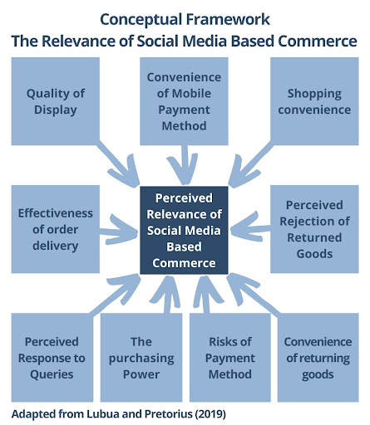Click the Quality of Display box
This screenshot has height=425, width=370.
tap(56, 101)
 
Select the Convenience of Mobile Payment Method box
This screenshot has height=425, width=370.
tap(184, 101)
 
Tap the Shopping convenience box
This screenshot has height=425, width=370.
tap(314, 101)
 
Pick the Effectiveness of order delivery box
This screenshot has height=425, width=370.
tap(56, 229)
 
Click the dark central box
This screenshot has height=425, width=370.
tap(184, 230)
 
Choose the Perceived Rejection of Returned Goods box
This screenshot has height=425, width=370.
tap(314, 229)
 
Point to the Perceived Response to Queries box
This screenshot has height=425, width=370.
tap(52, 358)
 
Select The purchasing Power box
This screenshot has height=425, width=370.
tap(141, 358)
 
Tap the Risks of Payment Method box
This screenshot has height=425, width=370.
tap(230, 358)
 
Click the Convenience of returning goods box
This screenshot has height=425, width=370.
tap(318, 358)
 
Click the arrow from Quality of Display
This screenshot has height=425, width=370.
tap(118, 164)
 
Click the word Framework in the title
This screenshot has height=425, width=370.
tap(228, 19)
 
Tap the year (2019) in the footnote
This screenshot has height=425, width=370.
tap(210, 414)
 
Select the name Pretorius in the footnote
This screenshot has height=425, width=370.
tap(169, 414)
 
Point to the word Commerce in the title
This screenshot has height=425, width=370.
tap(318, 41)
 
